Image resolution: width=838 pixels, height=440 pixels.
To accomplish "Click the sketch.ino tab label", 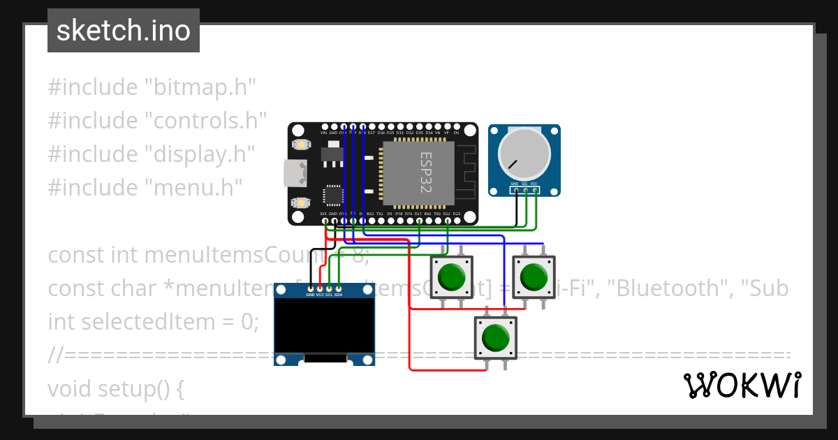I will pos(123,31).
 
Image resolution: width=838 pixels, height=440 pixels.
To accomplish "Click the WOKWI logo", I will pos(742,385).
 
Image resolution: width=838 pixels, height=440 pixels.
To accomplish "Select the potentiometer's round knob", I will pos(524,155).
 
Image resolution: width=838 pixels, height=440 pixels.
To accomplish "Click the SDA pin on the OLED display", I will pos(339,288).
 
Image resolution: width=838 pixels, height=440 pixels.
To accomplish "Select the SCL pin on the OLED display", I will pos(329,288).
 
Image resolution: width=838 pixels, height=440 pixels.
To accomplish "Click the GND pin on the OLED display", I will pos(310,288).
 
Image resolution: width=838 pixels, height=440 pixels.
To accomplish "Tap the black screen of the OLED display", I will pos(324,325).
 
